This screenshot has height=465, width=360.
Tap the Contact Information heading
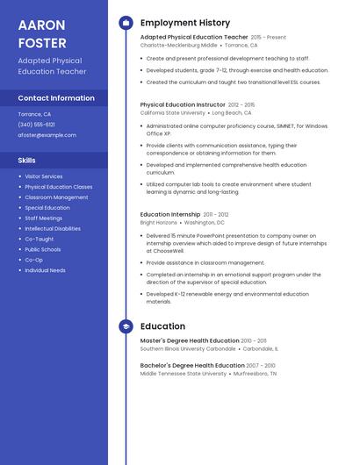tap(56, 98)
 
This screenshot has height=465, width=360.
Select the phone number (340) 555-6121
tap(36, 125)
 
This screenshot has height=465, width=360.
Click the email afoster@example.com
tap(47, 135)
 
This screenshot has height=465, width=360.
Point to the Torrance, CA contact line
tap(34, 114)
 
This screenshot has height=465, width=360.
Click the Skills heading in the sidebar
tap(27, 161)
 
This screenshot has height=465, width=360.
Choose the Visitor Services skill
tap(43, 176)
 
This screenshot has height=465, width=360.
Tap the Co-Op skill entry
tap(33, 260)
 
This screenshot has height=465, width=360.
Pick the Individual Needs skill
tap(45, 270)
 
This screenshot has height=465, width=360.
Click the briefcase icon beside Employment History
tap(126, 23)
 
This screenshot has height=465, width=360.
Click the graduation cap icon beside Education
tap(126, 326)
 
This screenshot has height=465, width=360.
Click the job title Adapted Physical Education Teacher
tap(194, 38)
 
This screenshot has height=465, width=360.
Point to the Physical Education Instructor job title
tap(183, 104)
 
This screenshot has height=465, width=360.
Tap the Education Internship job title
tap(170, 214)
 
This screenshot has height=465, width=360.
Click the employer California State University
tap(173, 113)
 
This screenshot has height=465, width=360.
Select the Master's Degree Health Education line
tap(190, 340)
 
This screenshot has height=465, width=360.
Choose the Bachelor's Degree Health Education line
tap(192, 365)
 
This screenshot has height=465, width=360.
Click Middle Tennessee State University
tap(184, 374)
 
